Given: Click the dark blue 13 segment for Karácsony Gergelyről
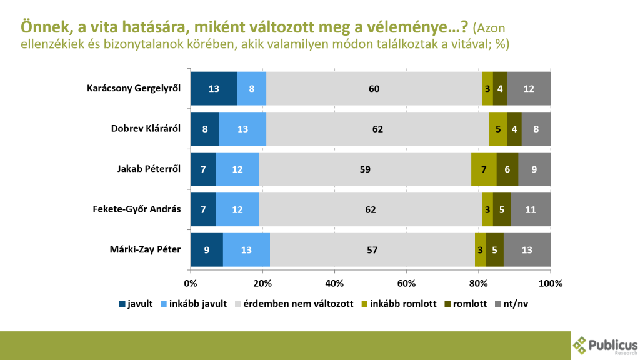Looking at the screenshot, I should click(214, 89).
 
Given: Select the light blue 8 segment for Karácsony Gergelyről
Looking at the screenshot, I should click(251, 89).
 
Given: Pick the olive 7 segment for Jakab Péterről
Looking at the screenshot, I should click(484, 169).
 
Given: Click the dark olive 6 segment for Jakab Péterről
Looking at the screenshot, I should click(507, 169).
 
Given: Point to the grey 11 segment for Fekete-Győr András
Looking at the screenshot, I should click(531, 209).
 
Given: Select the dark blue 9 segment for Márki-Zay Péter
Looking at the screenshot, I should click(206, 250).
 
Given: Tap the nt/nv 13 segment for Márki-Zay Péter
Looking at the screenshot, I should click(527, 250).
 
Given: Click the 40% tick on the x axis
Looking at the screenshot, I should click(334, 282).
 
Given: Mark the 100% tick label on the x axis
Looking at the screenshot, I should click(550, 282).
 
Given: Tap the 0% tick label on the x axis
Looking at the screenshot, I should click(191, 282).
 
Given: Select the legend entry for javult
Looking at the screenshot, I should click(136, 304).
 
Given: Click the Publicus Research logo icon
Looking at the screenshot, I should click(581, 344).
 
